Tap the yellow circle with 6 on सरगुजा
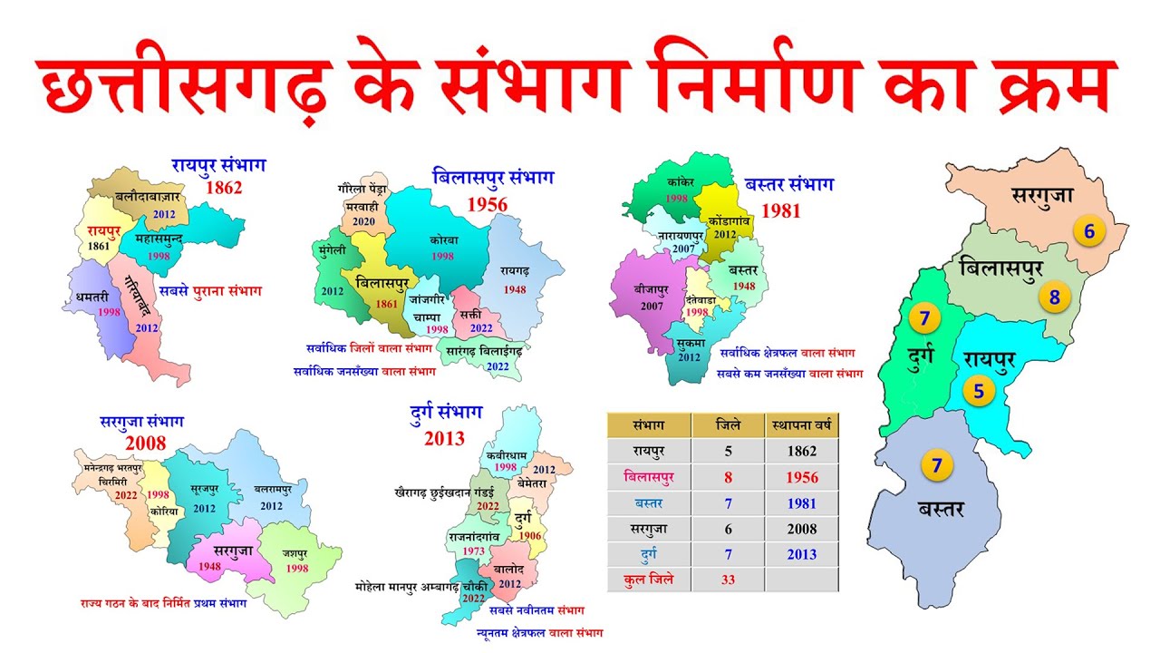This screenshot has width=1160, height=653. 1088,231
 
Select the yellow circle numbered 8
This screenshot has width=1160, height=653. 1054,297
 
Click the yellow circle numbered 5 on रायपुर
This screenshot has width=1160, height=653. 979,392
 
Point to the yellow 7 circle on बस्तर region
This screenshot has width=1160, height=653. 937,466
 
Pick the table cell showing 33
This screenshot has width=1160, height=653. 728,580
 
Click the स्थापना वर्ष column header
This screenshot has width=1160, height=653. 802,424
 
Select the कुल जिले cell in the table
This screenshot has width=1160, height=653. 648,580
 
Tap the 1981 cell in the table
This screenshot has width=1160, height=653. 802,502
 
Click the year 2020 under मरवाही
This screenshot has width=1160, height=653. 364,221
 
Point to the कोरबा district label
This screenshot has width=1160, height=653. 443,240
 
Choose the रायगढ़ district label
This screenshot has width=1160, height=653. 515,270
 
